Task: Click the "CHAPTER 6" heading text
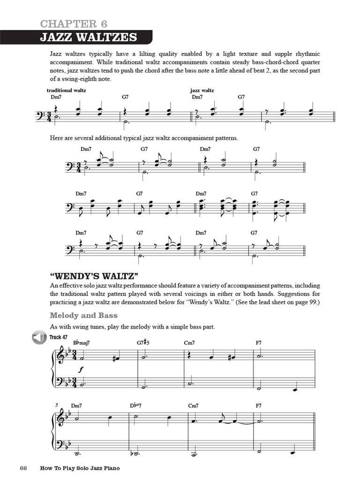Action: pyautogui.click(x=74, y=24)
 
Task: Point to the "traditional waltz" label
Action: pyautogui.click(x=66, y=90)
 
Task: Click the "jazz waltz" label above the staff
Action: pyautogui.click(x=202, y=90)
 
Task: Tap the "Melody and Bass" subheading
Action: pyautogui.click(x=83, y=315)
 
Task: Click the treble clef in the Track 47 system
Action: pyautogui.click(x=60, y=357)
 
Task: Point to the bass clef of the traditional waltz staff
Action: pyautogui.click(x=40, y=115)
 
